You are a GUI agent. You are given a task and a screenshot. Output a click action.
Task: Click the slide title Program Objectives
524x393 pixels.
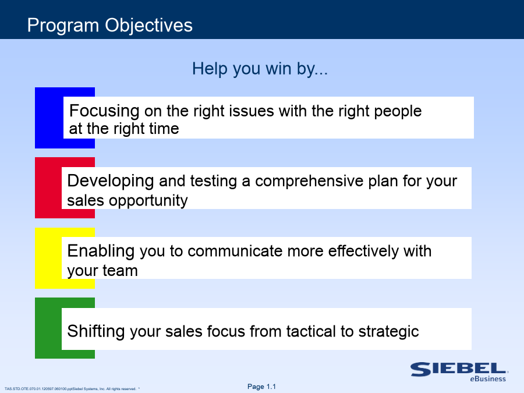(x=110, y=26)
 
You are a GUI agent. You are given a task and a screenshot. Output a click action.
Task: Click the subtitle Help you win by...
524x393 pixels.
(x=260, y=69)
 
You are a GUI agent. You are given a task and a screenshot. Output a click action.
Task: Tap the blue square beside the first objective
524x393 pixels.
(x=49, y=118)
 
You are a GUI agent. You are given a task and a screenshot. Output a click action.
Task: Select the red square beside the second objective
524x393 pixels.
(x=48, y=188)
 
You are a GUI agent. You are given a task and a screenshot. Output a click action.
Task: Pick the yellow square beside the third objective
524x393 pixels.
(x=48, y=258)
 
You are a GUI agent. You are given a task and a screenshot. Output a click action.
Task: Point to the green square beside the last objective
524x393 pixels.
(x=48, y=328)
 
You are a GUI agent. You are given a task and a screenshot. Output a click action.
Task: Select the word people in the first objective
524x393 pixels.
(x=398, y=112)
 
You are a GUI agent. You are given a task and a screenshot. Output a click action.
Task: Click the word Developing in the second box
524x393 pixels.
(x=111, y=182)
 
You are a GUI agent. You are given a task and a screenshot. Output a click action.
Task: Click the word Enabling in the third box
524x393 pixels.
(x=101, y=252)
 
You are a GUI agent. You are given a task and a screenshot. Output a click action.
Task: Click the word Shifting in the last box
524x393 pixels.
(x=96, y=332)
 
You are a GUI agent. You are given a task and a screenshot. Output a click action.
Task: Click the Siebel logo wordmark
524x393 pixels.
(x=459, y=369)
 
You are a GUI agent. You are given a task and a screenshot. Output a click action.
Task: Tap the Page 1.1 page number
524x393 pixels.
(x=261, y=387)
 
